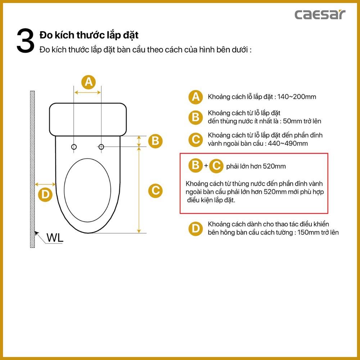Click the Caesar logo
point(320,14)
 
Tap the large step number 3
point(25,41)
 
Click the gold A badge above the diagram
point(89,82)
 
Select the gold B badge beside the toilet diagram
point(155,141)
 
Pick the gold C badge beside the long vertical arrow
point(155,190)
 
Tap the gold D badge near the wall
point(45,195)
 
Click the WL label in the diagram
point(55,238)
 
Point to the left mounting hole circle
point(74,147)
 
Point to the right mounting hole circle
point(101,147)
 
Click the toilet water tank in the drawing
point(88,120)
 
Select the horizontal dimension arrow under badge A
point(88,93)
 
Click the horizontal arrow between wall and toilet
point(45,184)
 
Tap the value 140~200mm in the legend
point(296,97)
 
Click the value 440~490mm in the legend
point(288,144)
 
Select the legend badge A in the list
point(195,97)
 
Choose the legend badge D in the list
point(195,229)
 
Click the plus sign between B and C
point(206,166)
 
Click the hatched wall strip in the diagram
point(32,169)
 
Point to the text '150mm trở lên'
point(318,232)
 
